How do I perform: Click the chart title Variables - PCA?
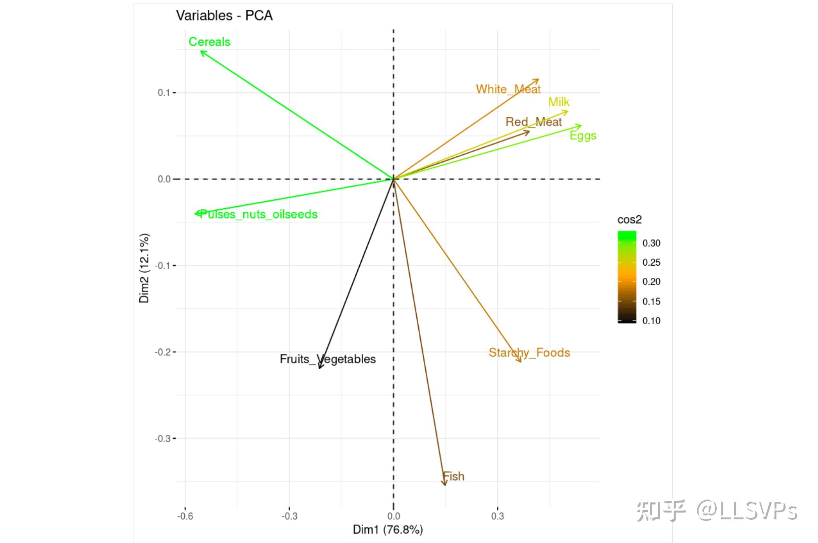pyautogui.click(x=224, y=16)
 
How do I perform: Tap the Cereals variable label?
pyautogui.click(x=209, y=42)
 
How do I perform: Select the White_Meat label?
pyautogui.click(x=508, y=89)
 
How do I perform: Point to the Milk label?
pyautogui.click(x=559, y=102)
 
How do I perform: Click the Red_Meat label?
pyautogui.click(x=534, y=122)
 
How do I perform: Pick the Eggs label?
pyautogui.click(x=583, y=136)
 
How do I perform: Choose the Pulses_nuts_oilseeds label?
pyautogui.click(x=258, y=214)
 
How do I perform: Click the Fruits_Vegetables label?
pyautogui.click(x=328, y=359)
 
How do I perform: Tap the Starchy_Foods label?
pyautogui.click(x=529, y=353)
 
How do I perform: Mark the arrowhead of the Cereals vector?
pyautogui.click(x=201, y=51)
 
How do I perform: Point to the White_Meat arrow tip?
pyautogui.click(x=538, y=80)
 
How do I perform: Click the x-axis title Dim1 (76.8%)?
pyautogui.click(x=388, y=529)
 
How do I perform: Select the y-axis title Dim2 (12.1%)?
pyautogui.click(x=144, y=268)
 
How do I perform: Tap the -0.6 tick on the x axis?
pyautogui.click(x=185, y=516)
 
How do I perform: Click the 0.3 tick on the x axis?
pyautogui.click(x=497, y=516)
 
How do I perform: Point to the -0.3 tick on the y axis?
pyautogui.click(x=163, y=439)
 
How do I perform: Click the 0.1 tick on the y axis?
pyautogui.click(x=164, y=93)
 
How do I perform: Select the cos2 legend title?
pyautogui.click(x=629, y=220)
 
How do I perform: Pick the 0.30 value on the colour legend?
pyautogui.click(x=651, y=243)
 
